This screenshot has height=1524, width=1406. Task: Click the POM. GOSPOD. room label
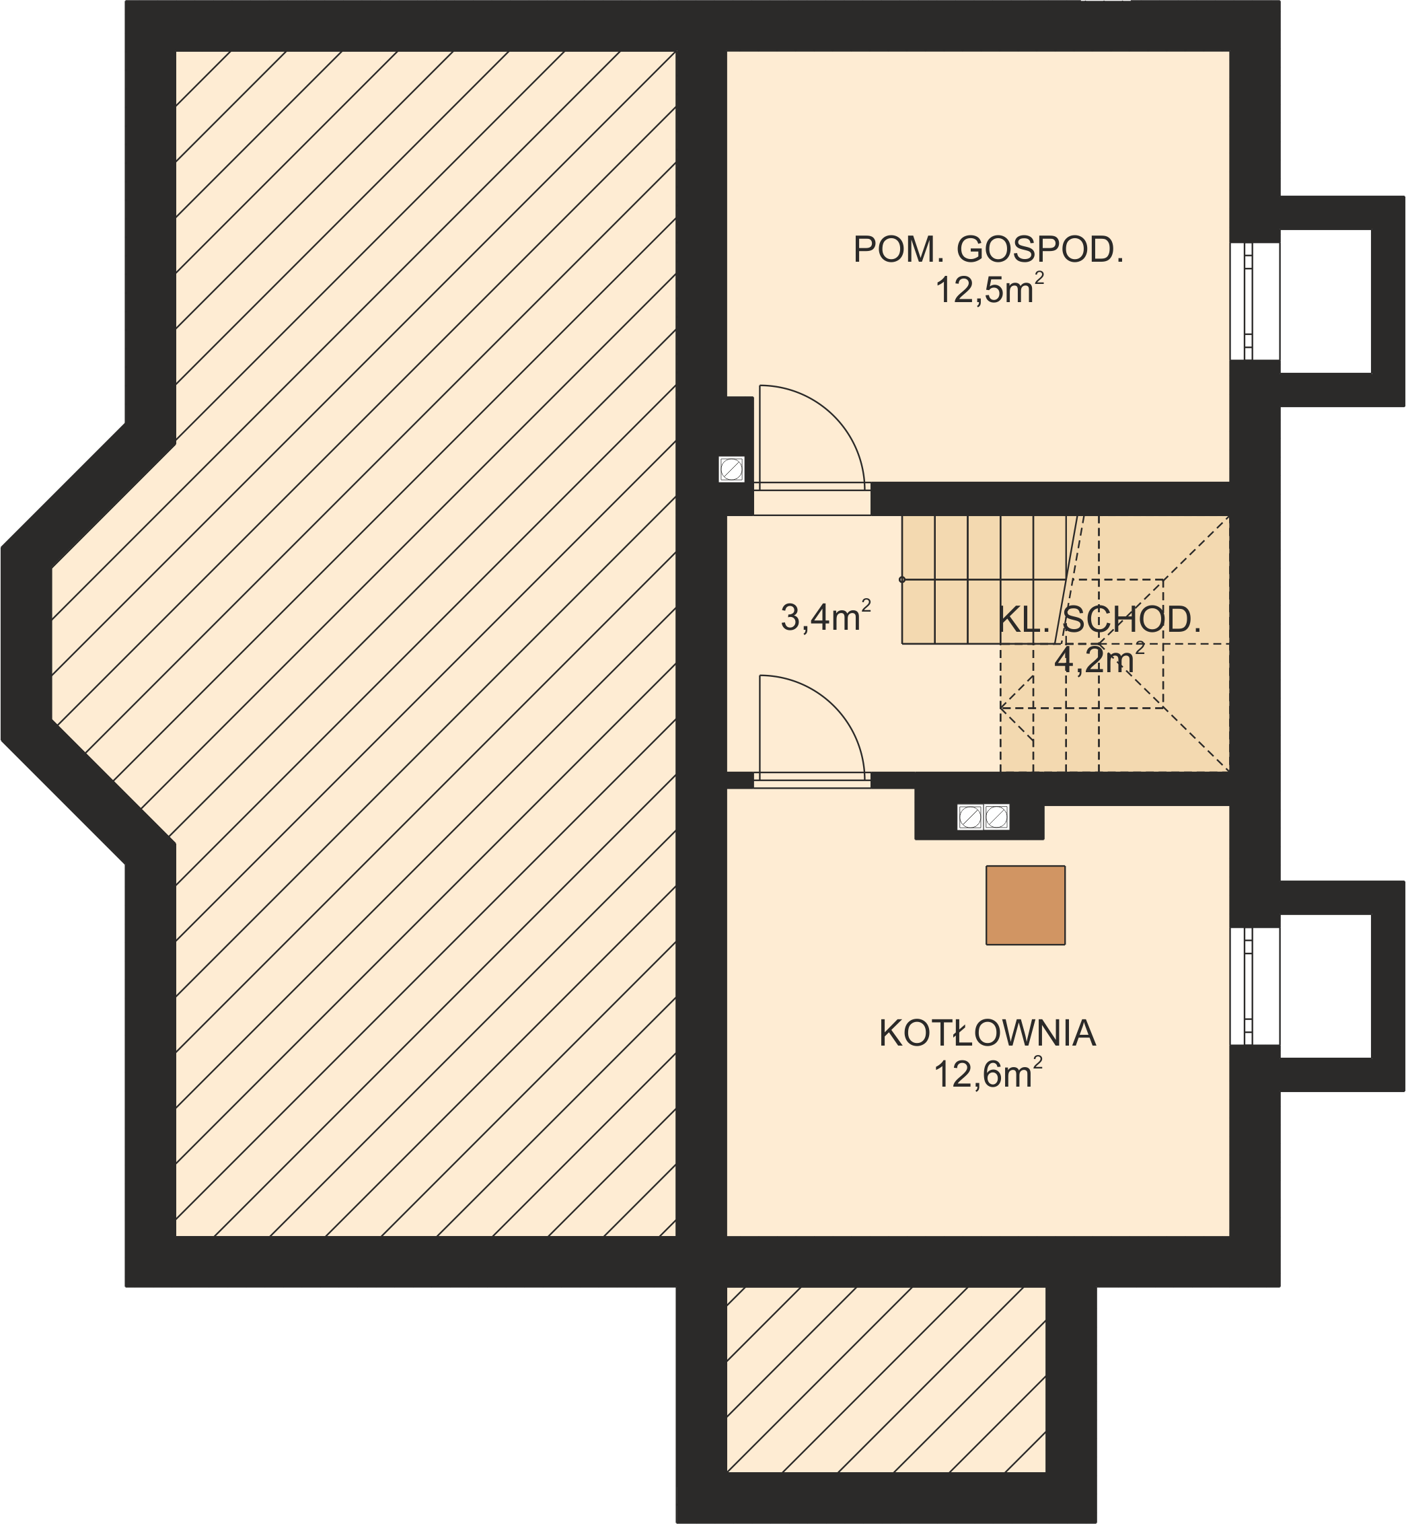click(x=988, y=250)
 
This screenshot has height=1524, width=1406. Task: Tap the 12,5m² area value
click(x=988, y=290)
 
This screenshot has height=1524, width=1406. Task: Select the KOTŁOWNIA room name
click(x=987, y=1033)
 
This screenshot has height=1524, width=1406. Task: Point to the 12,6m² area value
click(x=987, y=1075)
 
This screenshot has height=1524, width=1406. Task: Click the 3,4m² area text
click(x=825, y=616)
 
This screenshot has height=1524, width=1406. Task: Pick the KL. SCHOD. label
click(x=1099, y=620)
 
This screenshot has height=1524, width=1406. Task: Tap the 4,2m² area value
click(x=1098, y=659)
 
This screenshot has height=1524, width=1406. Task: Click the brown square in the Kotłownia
click(x=1025, y=906)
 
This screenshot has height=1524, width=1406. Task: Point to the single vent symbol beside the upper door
click(x=731, y=470)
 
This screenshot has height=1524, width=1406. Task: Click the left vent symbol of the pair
click(x=969, y=817)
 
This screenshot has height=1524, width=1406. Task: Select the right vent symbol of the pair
click(x=996, y=817)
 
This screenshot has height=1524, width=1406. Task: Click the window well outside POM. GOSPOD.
click(x=1325, y=301)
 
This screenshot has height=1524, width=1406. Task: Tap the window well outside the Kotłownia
click(x=1325, y=986)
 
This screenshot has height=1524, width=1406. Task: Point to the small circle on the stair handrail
click(x=902, y=580)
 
